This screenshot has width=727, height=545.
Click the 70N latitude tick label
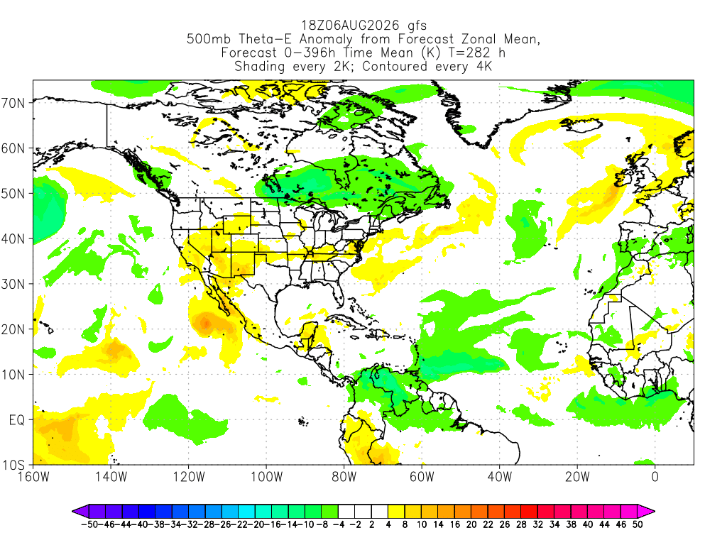click(x=13, y=103)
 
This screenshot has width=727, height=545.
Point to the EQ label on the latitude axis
click(x=17, y=420)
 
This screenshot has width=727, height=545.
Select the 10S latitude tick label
click(x=13, y=465)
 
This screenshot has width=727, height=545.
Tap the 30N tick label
click(x=13, y=284)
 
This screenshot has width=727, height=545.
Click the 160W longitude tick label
click(x=33, y=477)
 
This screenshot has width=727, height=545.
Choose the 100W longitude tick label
click(x=267, y=477)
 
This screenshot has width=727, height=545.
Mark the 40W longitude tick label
click(x=500, y=477)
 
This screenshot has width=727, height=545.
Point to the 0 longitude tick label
click(x=655, y=477)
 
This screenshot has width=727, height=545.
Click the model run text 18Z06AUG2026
click(x=351, y=25)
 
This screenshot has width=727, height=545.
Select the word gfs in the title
click(x=417, y=26)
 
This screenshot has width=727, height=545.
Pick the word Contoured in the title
click(x=395, y=66)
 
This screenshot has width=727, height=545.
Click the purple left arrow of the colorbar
click(x=80, y=512)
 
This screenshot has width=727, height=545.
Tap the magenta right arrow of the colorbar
click(x=646, y=512)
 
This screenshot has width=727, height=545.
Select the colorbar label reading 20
click(x=471, y=524)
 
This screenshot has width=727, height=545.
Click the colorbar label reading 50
click(x=638, y=524)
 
